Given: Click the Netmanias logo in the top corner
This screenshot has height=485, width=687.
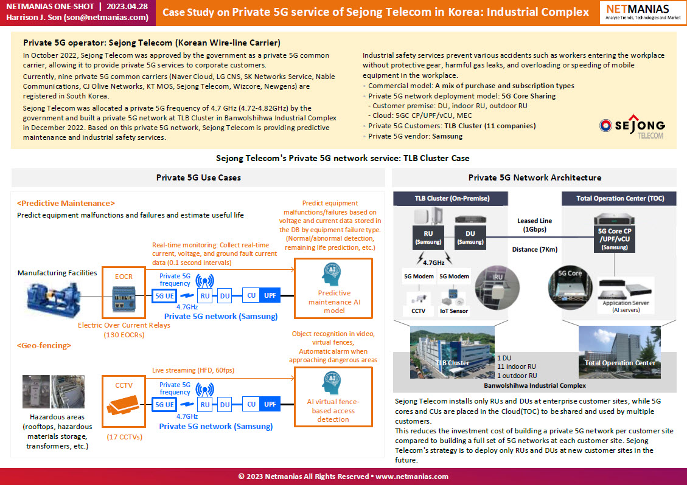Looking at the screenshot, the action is [x=643, y=12].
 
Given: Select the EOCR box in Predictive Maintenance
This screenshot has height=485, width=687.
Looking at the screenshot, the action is [x=124, y=292].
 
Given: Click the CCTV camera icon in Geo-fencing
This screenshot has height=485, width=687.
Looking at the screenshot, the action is [x=123, y=405].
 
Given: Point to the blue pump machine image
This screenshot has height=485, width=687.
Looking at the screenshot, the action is [x=54, y=300].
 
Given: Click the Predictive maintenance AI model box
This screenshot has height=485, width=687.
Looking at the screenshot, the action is [x=333, y=289].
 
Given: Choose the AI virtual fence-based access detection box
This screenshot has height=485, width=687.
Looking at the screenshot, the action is [x=333, y=397].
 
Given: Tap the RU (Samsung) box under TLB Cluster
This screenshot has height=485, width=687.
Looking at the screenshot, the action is [x=428, y=237].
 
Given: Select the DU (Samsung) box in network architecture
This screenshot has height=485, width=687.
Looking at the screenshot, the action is [x=470, y=237].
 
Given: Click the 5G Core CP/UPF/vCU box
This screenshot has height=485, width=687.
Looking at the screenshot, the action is [x=615, y=239].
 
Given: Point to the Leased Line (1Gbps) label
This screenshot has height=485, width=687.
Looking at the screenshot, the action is [x=534, y=225].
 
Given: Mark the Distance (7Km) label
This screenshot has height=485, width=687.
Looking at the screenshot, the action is [x=534, y=250].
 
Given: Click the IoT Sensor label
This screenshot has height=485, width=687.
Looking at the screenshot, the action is [x=454, y=311].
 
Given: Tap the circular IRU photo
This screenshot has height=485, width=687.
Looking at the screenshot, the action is [x=497, y=287].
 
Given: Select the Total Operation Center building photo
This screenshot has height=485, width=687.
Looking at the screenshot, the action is [x=619, y=352].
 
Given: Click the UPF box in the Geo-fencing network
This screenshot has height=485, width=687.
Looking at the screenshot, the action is [x=270, y=404].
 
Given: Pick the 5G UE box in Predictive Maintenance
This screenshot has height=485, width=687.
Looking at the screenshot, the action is [x=164, y=296].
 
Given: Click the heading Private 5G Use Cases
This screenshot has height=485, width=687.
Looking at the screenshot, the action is [x=198, y=177].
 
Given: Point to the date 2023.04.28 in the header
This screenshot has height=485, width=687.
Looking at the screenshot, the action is [x=127, y=7].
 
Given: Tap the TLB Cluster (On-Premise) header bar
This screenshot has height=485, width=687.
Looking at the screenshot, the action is [x=452, y=198].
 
